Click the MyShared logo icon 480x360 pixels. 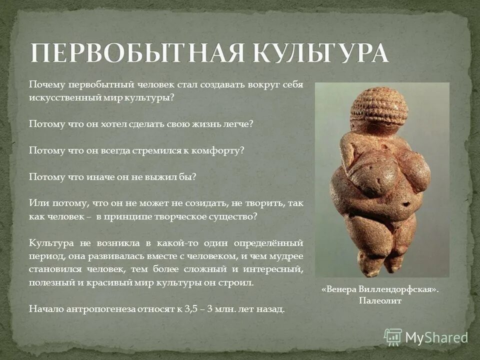point(393,337)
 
